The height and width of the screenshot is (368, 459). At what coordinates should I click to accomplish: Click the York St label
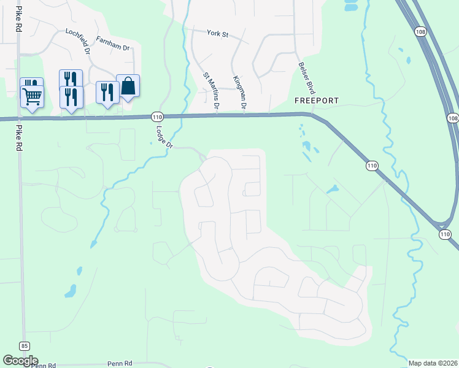coord(217,34)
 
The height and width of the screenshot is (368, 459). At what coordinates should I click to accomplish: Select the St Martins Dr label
coord(211,91)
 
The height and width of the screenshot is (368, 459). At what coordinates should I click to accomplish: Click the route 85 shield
coord(24,346)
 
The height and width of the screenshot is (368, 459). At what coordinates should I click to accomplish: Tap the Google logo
coord(20,361)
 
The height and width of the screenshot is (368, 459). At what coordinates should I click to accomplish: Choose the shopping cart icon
coord(32,96)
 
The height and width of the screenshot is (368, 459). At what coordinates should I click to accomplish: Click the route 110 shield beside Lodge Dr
coord(156,117)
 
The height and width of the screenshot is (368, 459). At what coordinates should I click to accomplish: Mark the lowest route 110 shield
coord(445,234)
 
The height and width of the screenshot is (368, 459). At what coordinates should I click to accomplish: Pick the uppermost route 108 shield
coord(420,32)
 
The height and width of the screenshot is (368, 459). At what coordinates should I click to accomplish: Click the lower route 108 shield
coord(453,118)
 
